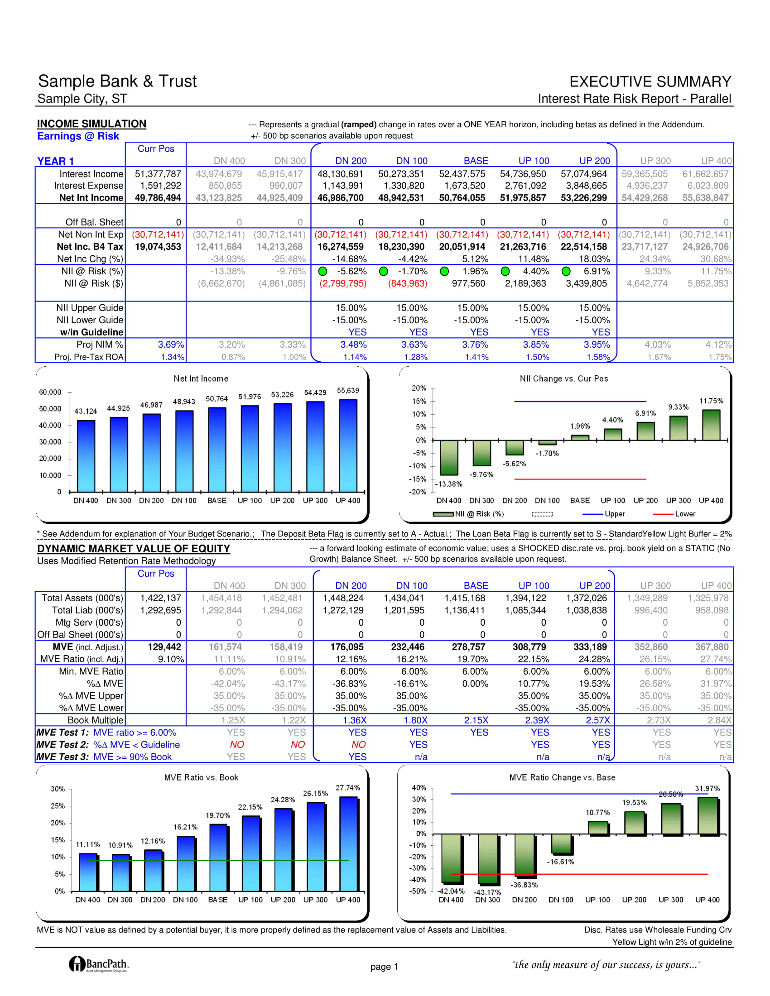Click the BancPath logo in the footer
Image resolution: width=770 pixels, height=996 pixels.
[x=99, y=964]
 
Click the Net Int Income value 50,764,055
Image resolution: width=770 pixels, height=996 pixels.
[x=462, y=198]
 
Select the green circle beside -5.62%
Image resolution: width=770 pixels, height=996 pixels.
[x=322, y=271]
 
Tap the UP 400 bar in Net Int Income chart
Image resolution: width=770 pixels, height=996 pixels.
[x=348, y=445]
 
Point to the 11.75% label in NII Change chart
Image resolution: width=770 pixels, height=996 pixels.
[x=711, y=401]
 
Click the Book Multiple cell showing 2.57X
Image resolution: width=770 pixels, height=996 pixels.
[x=597, y=720]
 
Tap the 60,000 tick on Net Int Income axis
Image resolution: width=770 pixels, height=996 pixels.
[x=50, y=392]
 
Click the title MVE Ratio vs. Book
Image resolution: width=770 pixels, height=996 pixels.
[x=201, y=777]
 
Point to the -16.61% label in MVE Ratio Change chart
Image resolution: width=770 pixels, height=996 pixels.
[x=561, y=862]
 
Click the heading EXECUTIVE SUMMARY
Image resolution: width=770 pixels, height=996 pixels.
[x=650, y=81]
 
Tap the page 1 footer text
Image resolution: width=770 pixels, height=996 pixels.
[x=384, y=967]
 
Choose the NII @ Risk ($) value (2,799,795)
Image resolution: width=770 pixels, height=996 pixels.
[x=343, y=284]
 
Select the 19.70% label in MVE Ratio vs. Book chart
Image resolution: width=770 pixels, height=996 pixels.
[x=218, y=815]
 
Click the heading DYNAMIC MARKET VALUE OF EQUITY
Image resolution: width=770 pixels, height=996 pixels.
[x=134, y=549]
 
